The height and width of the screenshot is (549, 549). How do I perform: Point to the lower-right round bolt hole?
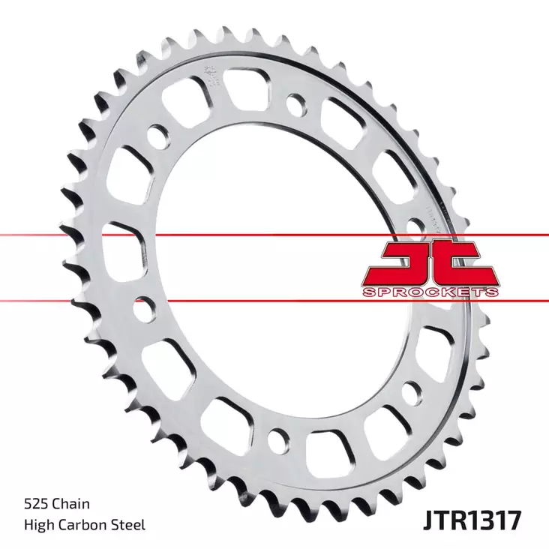tap(411, 390)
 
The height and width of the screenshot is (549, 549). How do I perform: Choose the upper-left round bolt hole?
tap(157, 139)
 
